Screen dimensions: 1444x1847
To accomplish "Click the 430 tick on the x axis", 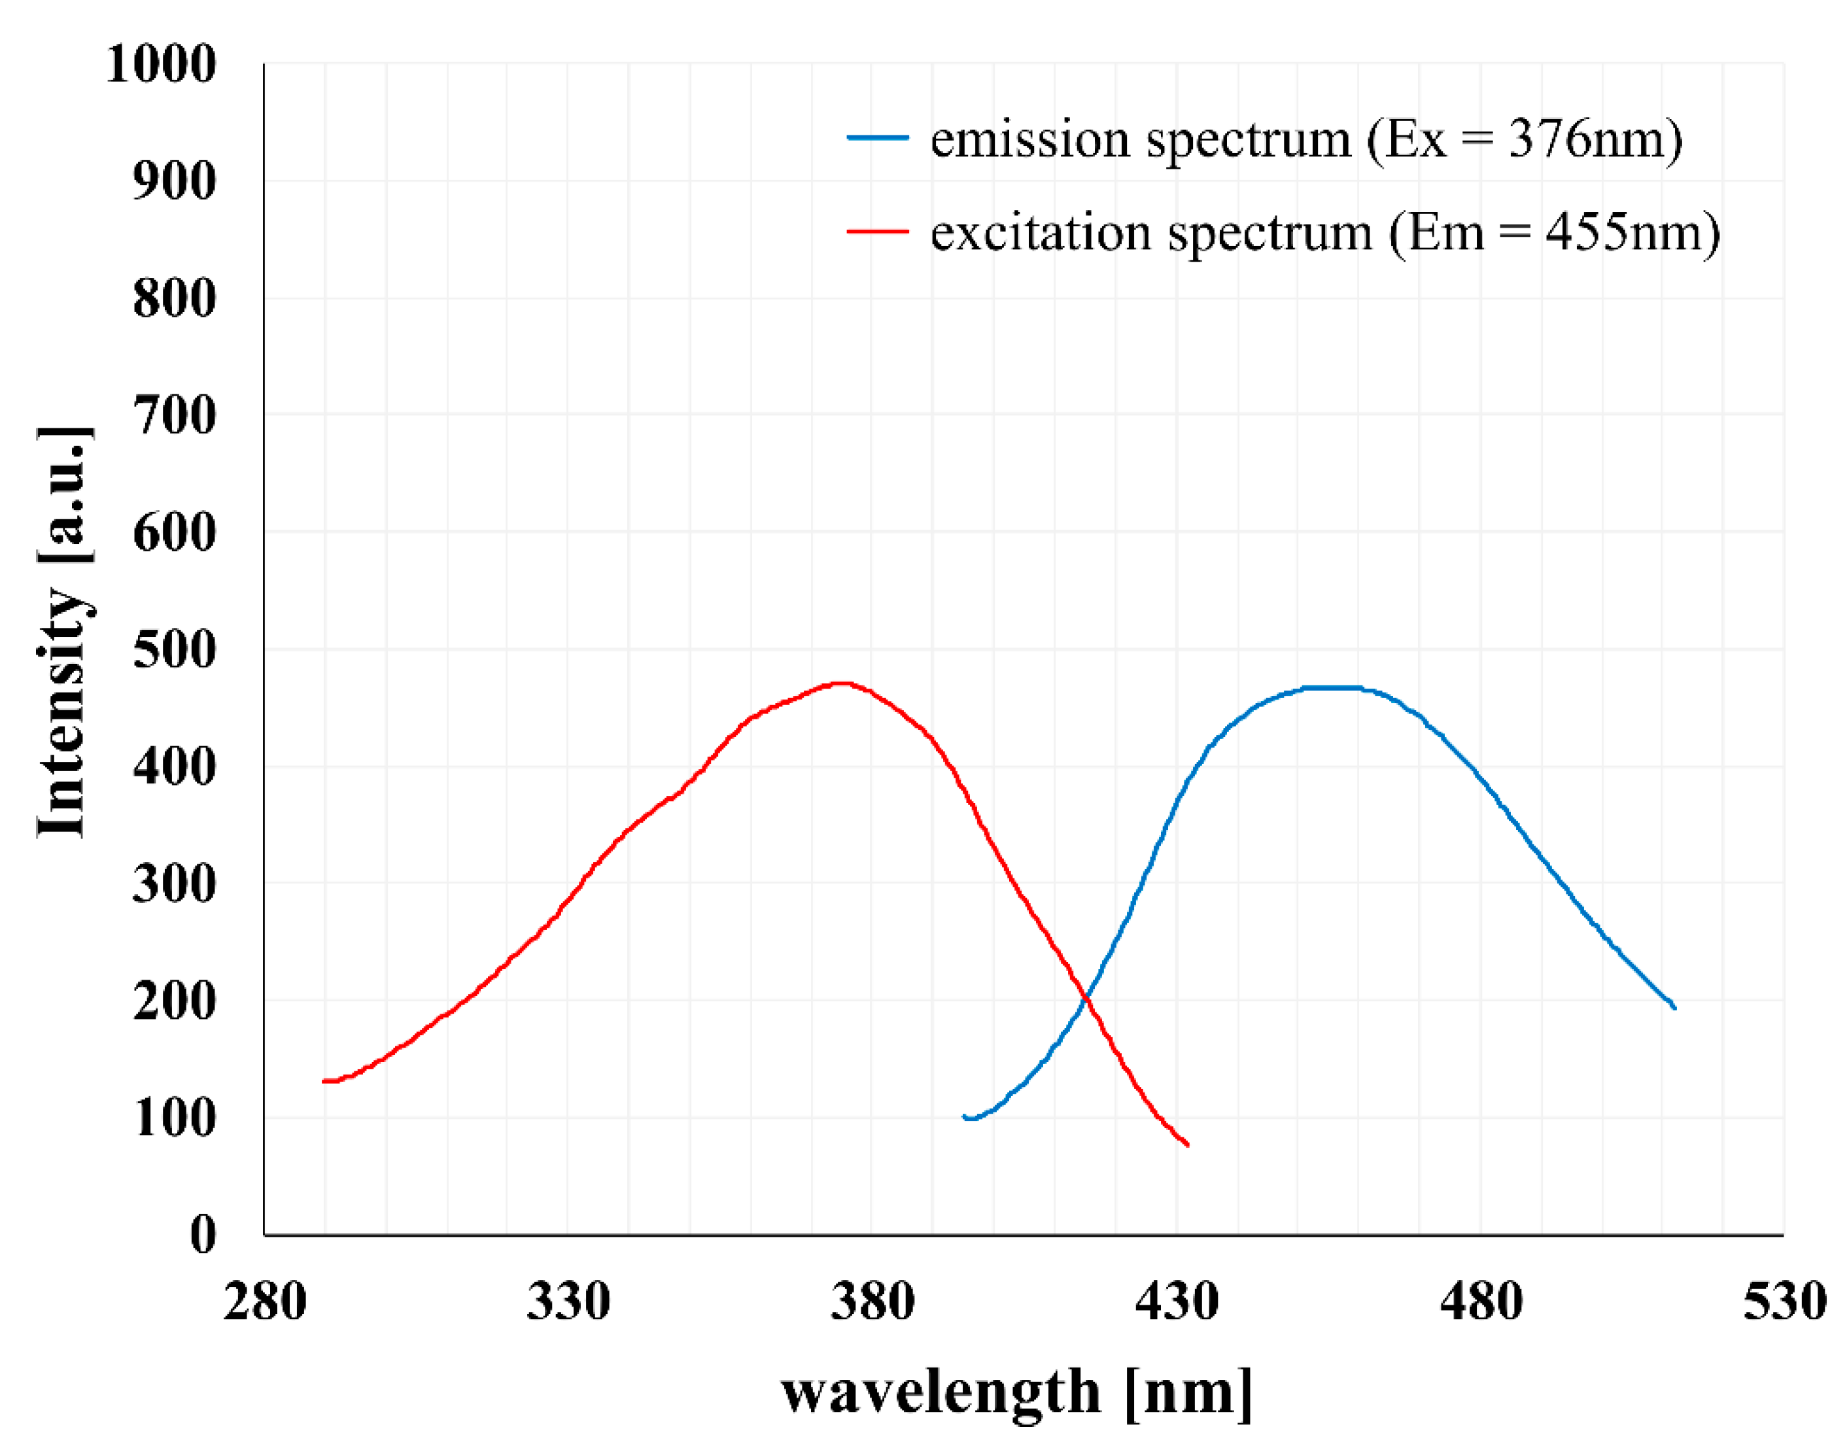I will [1177, 1302].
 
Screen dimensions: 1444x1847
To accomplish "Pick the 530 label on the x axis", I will [1784, 1302].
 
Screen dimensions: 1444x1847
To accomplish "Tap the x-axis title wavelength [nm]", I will [1015, 1393].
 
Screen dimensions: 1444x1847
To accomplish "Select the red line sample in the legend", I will [878, 231].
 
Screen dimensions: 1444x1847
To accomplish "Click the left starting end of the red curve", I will [324, 1081].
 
